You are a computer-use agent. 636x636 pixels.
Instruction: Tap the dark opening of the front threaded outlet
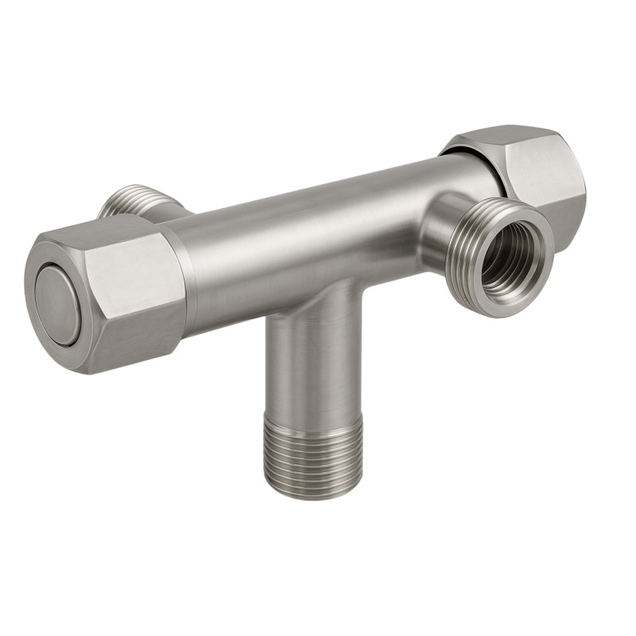coord(502,257)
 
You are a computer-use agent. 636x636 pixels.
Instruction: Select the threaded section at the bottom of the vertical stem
coord(312,456)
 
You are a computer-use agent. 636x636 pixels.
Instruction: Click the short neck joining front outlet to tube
coord(437,231)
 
